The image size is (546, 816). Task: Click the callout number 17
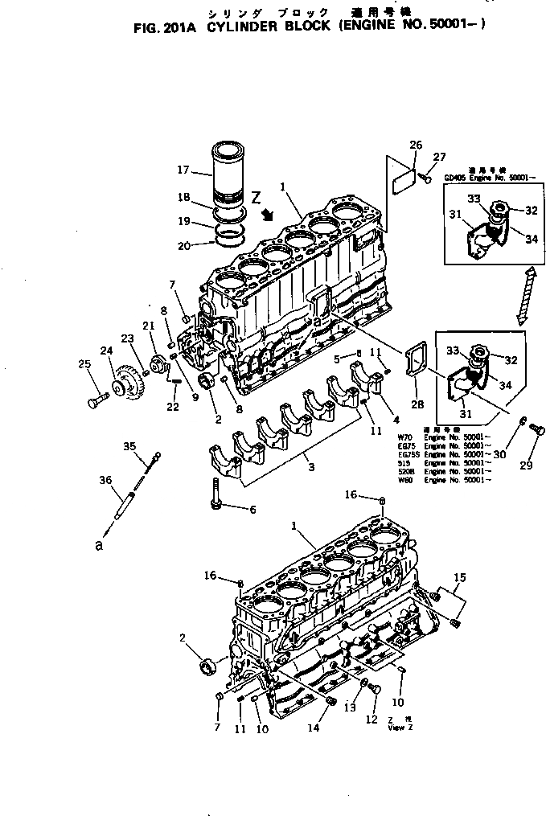(183, 170)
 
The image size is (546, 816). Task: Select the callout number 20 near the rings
(184, 245)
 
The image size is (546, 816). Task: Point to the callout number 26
(415, 145)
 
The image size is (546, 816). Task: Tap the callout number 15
(460, 578)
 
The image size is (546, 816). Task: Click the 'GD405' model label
(454, 178)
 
